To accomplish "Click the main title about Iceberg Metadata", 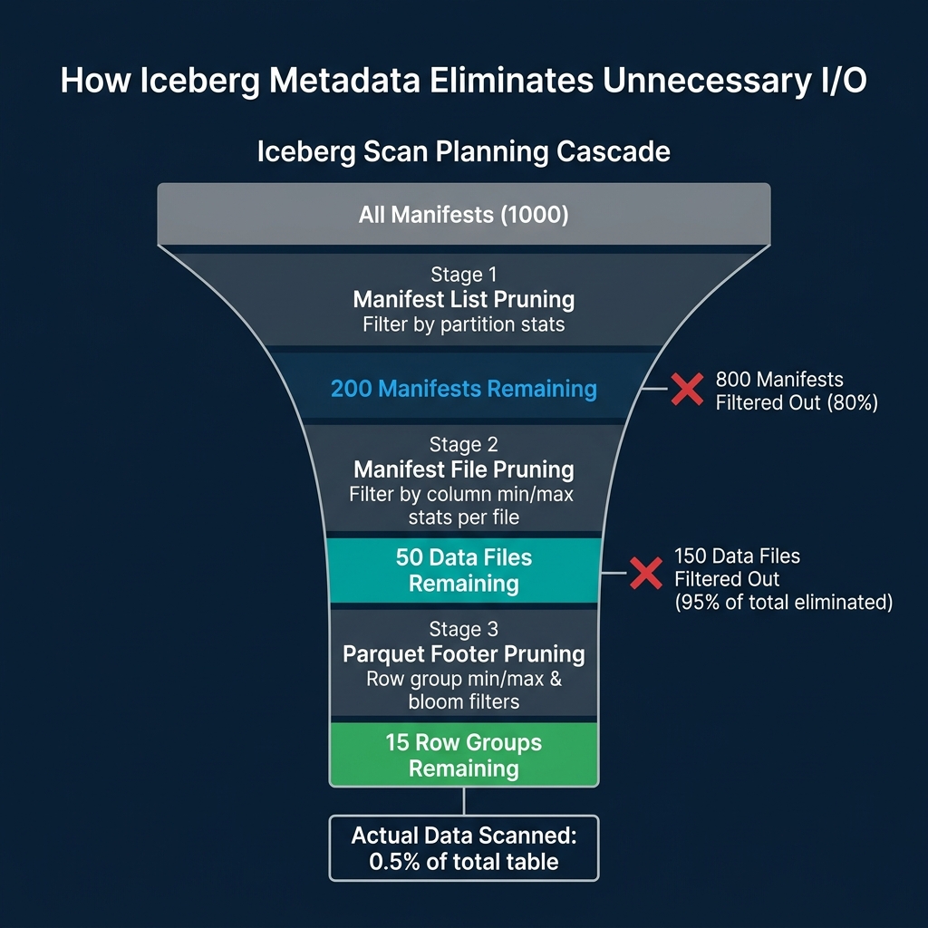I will pyautogui.click(x=463, y=80).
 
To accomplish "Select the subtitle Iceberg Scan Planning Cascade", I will pyautogui.click(x=463, y=150).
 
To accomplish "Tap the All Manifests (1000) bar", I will pyautogui.click(x=463, y=216).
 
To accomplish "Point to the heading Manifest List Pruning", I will pyautogui.click(x=463, y=299).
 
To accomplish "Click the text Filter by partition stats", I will pyautogui.click(x=463, y=324).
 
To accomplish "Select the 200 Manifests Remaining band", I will pyautogui.click(x=463, y=390).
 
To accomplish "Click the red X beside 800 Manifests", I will pyautogui.click(x=686, y=390).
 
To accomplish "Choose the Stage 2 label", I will pyautogui.click(x=463, y=445).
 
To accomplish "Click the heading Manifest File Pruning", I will pyautogui.click(x=463, y=469).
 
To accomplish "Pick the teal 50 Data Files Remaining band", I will pyautogui.click(x=463, y=570).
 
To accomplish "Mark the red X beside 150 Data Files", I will pyautogui.click(x=646, y=573).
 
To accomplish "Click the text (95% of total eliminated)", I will pyautogui.click(x=783, y=602).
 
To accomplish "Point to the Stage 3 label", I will pyautogui.click(x=463, y=629).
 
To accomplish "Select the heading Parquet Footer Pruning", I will pyautogui.click(x=463, y=653).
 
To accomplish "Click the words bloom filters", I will pyautogui.click(x=463, y=702).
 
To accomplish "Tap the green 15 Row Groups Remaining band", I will pyautogui.click(x=463, y=755).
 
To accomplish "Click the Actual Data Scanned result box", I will pyautogui.click(x=463, y=848).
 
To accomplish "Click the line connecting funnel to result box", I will pyautogui.click(x=464, y=801).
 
